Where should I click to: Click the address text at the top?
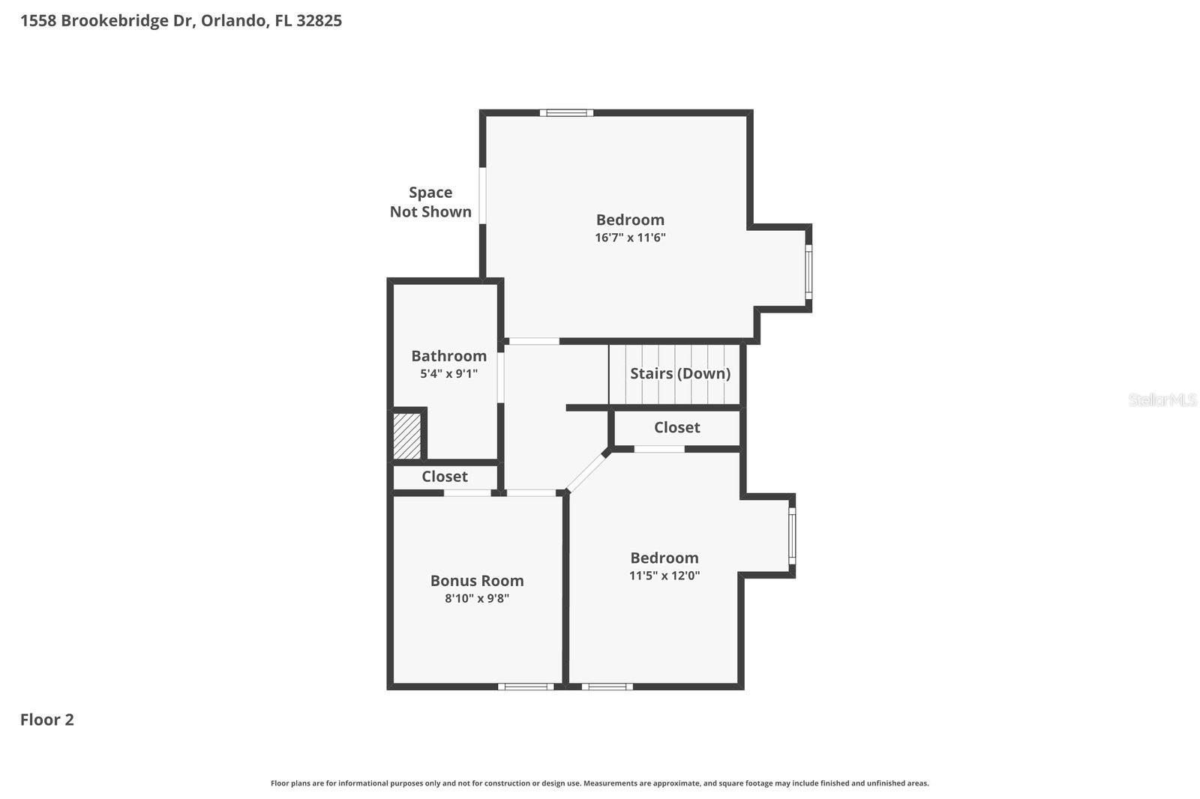pyautogui.click(x=181, y=21)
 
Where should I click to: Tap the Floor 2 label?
pyautogui.click(x=46, y=720)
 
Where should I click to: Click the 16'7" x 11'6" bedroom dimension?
pyautogui.click(x=630, y=238)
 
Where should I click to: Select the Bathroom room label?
pyautogui.click(x=448, y=356)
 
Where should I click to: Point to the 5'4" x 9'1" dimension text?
pyautogui.click(x=448, y=373)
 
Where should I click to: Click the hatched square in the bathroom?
pyautogui.click(x=407, y=435)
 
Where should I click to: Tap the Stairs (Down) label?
pyautogui.click(x=679, y=373)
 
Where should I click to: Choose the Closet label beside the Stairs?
pyautogui.click(x=676, y=427)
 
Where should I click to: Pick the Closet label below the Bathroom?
pyautogui.click(x=444, y=477)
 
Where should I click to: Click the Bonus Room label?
pyautogui.click(x=477, y=580)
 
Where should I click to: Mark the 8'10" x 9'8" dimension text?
pyautogui.click(x=477, y=598)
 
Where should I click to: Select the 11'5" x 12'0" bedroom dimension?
pyautogui.click(x=664, y=576)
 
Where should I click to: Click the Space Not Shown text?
pyautogui.click(x=430, y=202)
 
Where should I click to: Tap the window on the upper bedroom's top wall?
pyautogui.click(x=566, y=113)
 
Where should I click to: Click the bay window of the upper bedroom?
pyautogui.click(x=808, y=272)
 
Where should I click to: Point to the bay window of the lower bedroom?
pyautogui.click(x=792, y=536)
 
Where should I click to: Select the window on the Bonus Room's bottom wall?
pyautogui.click(x=526, y=686)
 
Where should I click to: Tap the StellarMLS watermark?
pyautogui.click(x=1162, y=399)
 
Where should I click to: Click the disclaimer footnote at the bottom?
pyautogui.click(x=599, y=783)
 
